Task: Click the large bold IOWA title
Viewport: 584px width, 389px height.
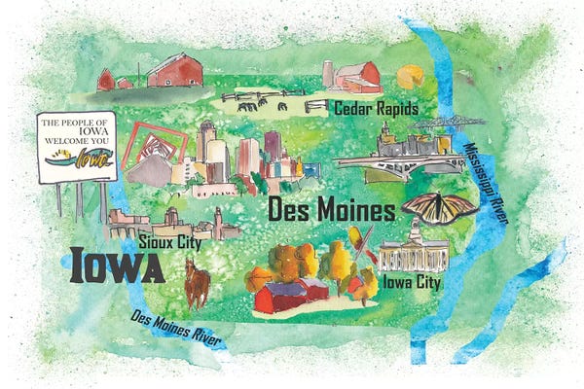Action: click(x=117, y=265)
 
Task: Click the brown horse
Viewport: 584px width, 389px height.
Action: click(x=198, y=282)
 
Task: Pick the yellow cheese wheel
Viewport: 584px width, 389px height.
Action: click(x=415, y=75)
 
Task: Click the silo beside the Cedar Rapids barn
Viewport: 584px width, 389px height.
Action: click(x=328, y=75)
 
